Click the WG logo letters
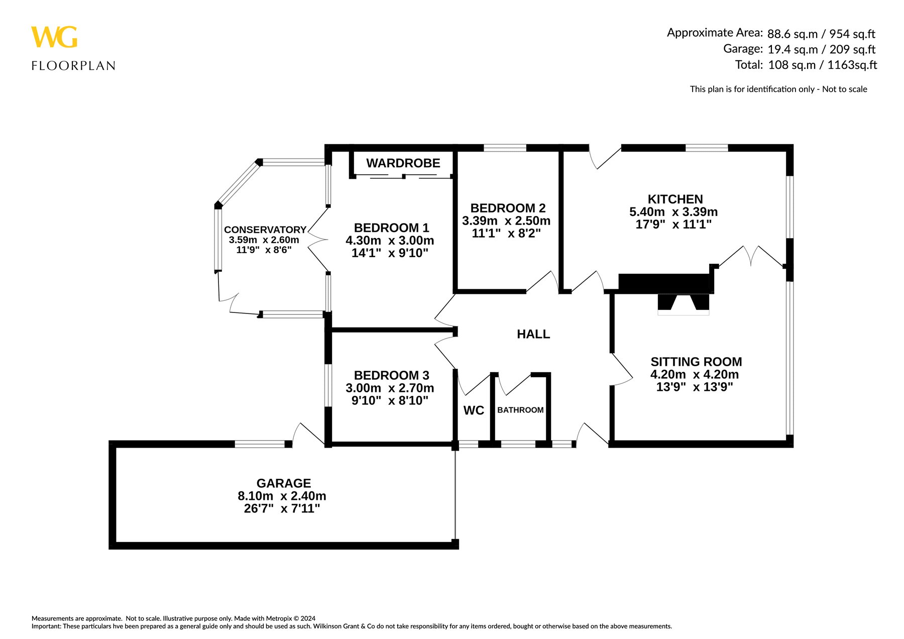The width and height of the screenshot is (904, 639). tap(54, 37)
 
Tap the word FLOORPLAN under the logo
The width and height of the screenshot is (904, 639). tap(73, 66)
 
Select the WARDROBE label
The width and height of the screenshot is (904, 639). tap(403, 163)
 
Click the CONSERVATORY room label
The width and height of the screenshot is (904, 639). tap(265, 230)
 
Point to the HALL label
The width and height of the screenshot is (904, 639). tap(533, 334)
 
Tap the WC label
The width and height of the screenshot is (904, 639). tap(474, 410)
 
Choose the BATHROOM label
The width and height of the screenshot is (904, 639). tap(520, 410)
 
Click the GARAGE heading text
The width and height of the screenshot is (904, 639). tap(284, 483)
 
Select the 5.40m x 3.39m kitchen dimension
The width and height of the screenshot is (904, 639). tap(673, 212)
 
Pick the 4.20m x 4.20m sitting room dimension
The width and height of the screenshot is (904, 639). tap(695, 374)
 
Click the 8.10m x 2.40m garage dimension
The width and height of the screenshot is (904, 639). tap(282, 496)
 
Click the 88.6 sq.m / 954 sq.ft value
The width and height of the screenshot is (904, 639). tap(821, 34)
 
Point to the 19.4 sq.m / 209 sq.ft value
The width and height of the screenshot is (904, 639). tap(821, 49)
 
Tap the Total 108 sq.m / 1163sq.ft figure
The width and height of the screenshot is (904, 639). tap(806, 65)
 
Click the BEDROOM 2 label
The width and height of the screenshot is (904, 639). tap(508, 208)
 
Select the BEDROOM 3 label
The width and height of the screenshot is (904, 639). tap(392, 375)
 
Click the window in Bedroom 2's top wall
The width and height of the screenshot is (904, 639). tap(505, 148)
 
